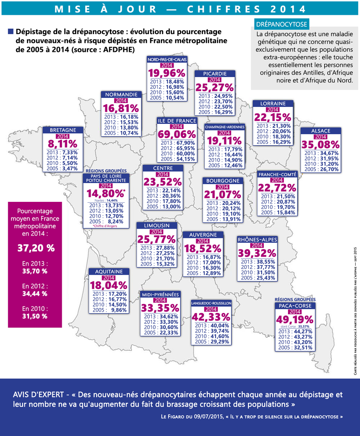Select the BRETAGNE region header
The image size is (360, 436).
[63, 130]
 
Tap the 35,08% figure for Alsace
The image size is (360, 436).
[321, 145]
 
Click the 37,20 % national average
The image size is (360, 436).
[36, 248]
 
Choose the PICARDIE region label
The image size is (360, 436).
[215, 74]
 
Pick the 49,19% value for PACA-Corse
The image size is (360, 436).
[295, 320]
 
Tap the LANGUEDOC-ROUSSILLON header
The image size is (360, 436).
[211, 303]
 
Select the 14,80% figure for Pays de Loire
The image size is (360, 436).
[104, 193]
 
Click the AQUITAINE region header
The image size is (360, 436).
[109, 271]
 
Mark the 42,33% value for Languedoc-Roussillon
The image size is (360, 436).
[211, 317]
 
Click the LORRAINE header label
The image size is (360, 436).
[273, 103]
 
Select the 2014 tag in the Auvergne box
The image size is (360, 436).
[203, 241]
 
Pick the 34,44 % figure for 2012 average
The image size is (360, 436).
[35, 294]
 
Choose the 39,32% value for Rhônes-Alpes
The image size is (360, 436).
[257, 253]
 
